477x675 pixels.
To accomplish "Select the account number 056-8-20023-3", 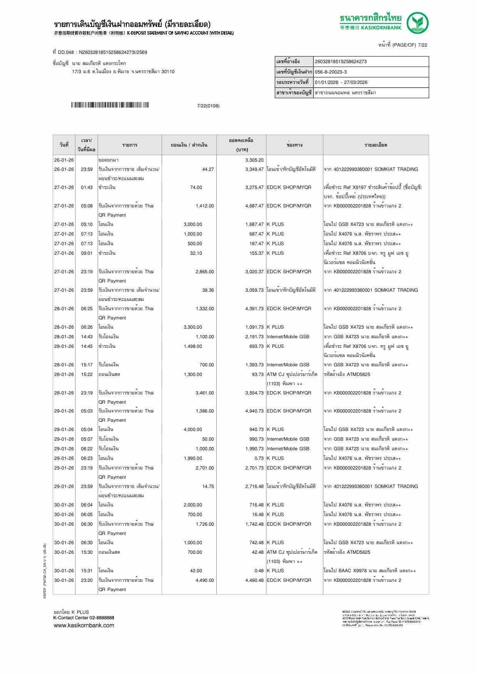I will [331, 72].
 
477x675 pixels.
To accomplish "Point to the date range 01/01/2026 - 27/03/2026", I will [341, 82].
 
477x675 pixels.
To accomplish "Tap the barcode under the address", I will [110, 105].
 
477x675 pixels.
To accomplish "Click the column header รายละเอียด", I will [375, 145].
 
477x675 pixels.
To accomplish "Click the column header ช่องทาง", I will [295, 145].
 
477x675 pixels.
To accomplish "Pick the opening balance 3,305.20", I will [254, 160].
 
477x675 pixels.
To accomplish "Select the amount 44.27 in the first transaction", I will [208, 169].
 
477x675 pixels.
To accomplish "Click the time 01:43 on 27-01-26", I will [87, 187].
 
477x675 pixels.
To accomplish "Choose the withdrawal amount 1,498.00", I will [193, 346].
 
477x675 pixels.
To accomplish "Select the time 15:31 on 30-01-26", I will [87, 571].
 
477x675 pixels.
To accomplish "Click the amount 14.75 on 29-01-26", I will [208, 486].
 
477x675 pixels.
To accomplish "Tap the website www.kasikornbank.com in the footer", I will [84, 625].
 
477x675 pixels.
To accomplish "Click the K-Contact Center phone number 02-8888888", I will [102, 618].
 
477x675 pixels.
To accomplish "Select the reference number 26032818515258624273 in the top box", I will [341, 62].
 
